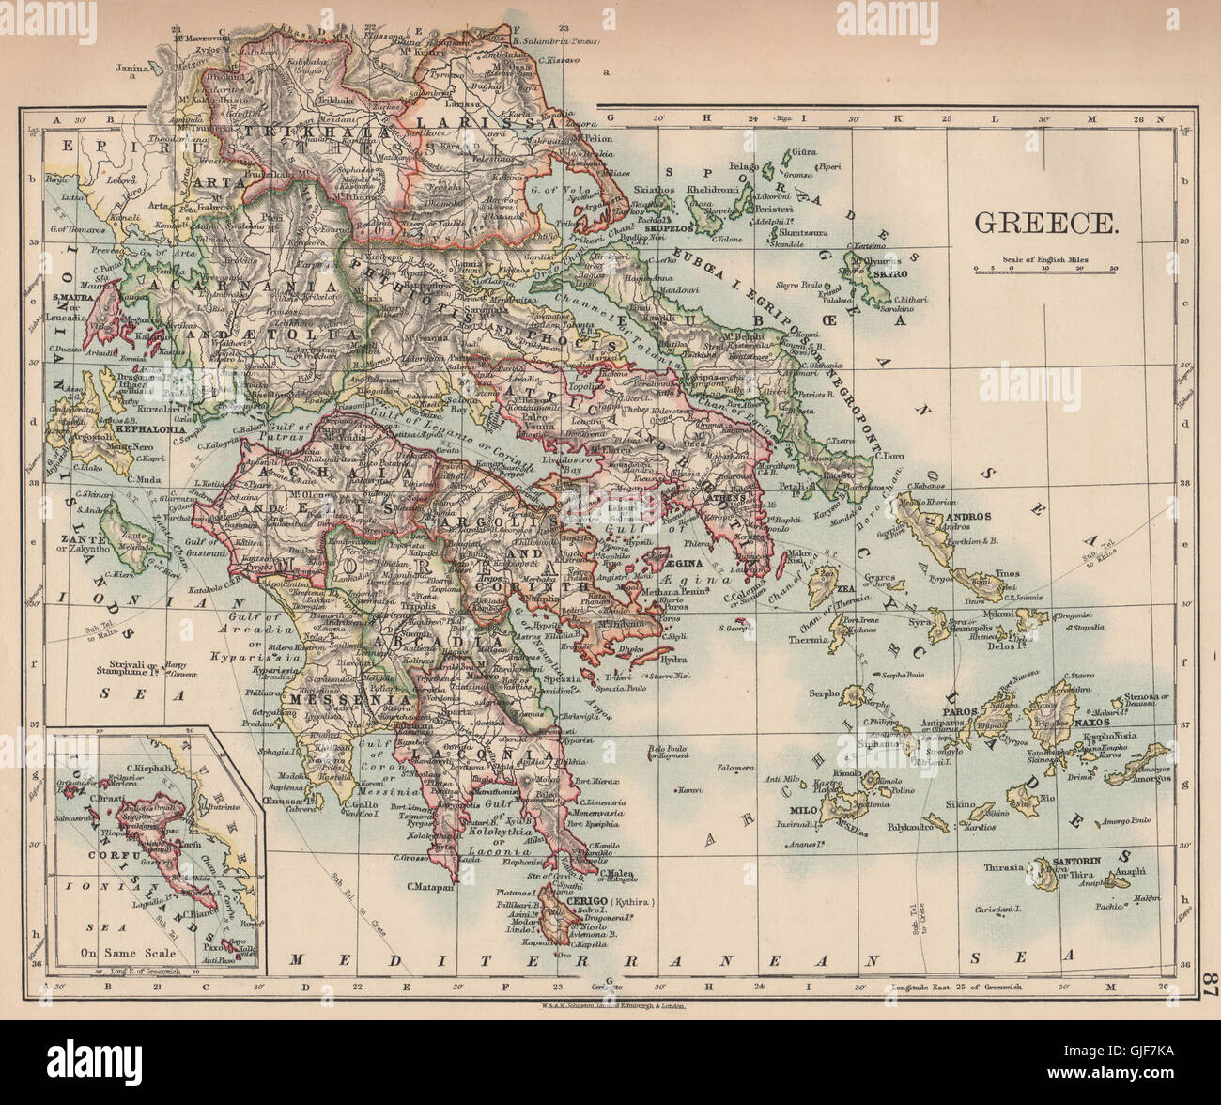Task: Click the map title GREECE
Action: pyautogui.click(x=1045, y=223)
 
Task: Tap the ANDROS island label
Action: pyautogui.click(x=967, y=517)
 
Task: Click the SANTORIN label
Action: pyautogui.click(x=1078, y=859)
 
